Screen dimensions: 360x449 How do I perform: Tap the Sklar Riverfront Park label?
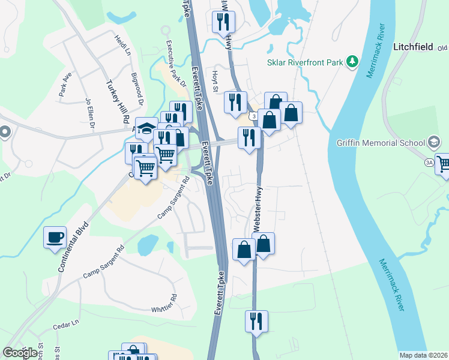(x=306, y=62)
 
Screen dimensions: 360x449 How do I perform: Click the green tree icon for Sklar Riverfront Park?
(x=354, y=61)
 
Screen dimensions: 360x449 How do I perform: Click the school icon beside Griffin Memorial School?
(x=434, y=143)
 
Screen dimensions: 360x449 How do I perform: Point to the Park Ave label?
(x=65, y=85)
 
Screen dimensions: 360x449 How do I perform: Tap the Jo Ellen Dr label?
(x=91, y=114)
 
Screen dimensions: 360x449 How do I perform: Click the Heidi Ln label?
(x=122, y=46)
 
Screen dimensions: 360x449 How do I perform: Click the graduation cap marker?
(x=146, y=128)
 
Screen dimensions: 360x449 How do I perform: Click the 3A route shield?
(x=429, y=163)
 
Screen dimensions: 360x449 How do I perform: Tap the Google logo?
(x=20, y=353)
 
